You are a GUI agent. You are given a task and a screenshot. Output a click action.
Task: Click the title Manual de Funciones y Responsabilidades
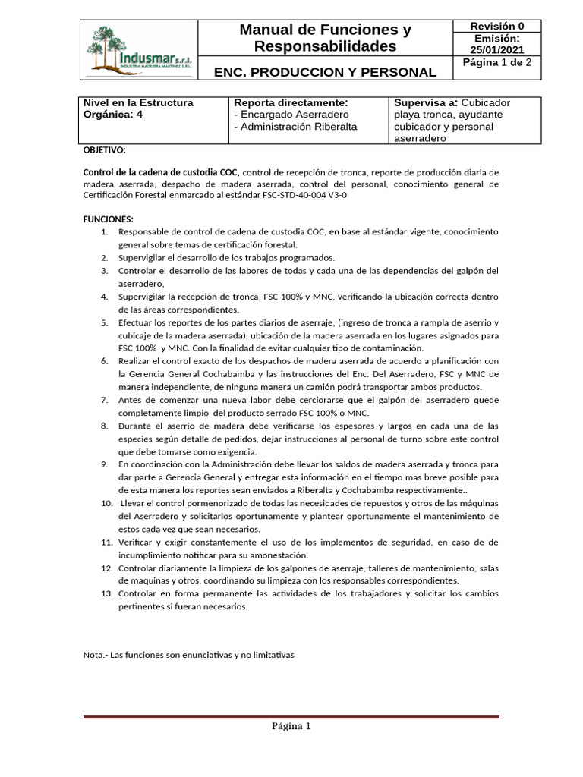325,39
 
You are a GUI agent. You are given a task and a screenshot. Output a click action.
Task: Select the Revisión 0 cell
496,26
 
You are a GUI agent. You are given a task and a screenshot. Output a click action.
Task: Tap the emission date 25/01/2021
496,49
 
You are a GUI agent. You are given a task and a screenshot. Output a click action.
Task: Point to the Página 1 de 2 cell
496,64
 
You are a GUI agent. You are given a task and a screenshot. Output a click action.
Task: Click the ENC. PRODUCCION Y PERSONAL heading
325,73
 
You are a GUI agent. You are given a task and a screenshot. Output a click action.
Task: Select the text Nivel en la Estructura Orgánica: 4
137,109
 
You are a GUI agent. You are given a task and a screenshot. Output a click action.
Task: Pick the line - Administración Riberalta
295,127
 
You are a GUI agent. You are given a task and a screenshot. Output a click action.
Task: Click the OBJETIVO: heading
104,150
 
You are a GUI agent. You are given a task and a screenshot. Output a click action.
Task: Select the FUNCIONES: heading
108,219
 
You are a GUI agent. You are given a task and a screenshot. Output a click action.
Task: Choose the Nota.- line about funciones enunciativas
188,654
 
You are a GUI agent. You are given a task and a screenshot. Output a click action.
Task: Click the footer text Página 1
291,727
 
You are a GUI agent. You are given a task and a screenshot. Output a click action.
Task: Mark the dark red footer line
291,716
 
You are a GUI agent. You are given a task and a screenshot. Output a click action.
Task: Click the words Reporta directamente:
291,102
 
